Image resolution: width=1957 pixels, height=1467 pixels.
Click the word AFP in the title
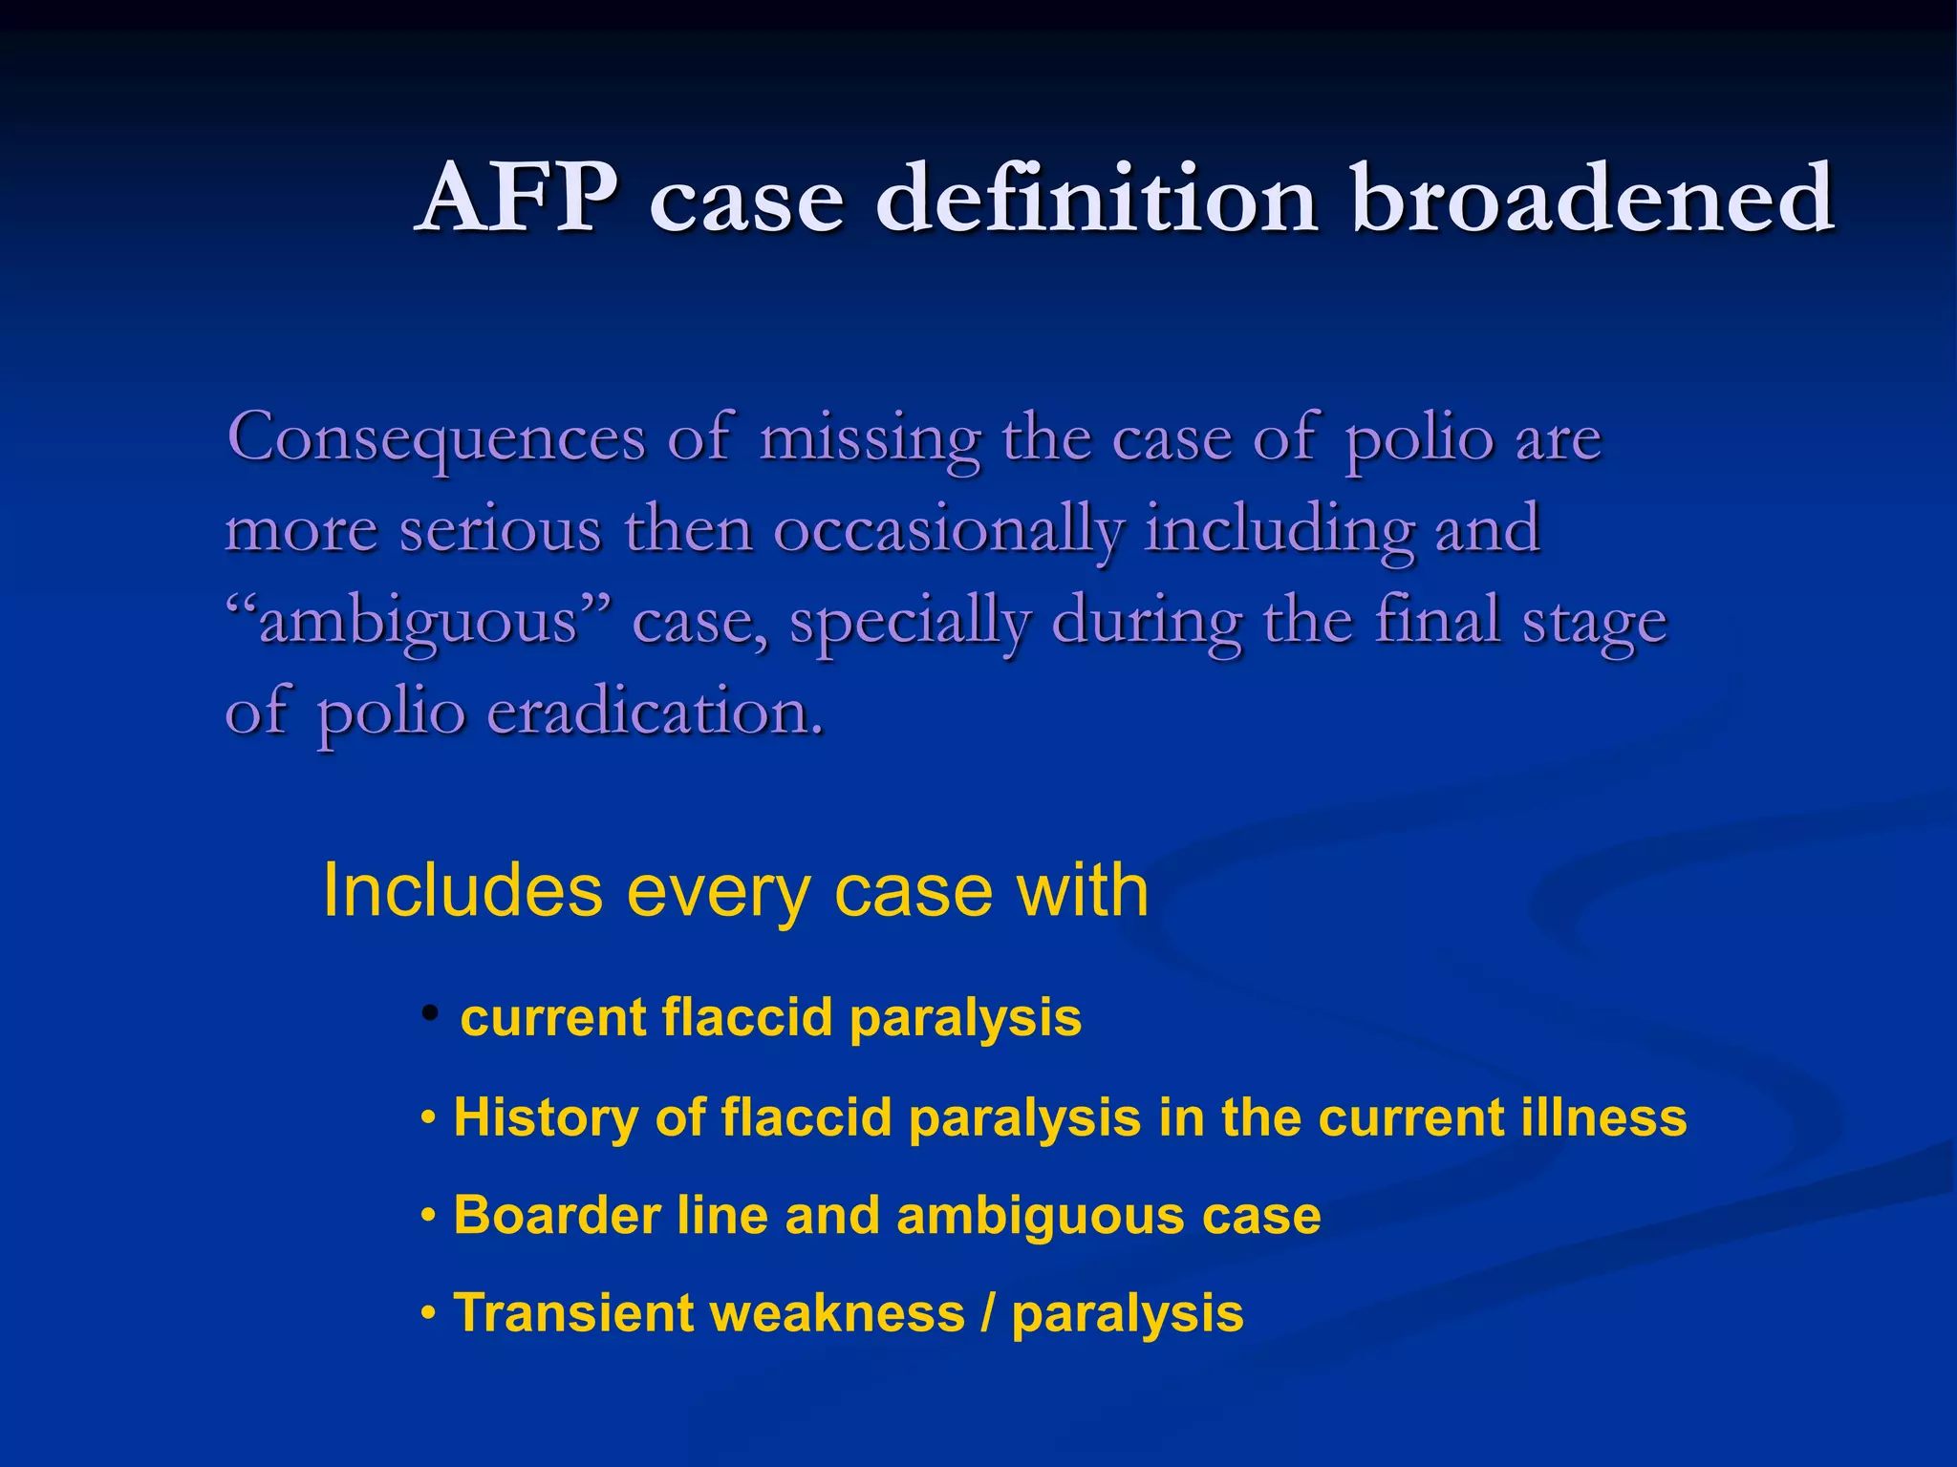pos(520,198)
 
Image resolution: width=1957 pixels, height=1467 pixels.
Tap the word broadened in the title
pos(1592,198)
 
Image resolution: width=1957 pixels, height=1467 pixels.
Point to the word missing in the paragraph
pos(870,439)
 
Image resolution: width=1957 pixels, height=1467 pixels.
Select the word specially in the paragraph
pos(909,621)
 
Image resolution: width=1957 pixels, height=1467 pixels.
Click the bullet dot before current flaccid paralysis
pos(431,1012)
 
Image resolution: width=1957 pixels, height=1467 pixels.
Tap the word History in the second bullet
pos(546,1116)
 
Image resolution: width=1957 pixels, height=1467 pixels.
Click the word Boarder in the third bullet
pos(557,1215)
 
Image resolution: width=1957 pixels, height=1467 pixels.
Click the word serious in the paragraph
pos(500,528)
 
